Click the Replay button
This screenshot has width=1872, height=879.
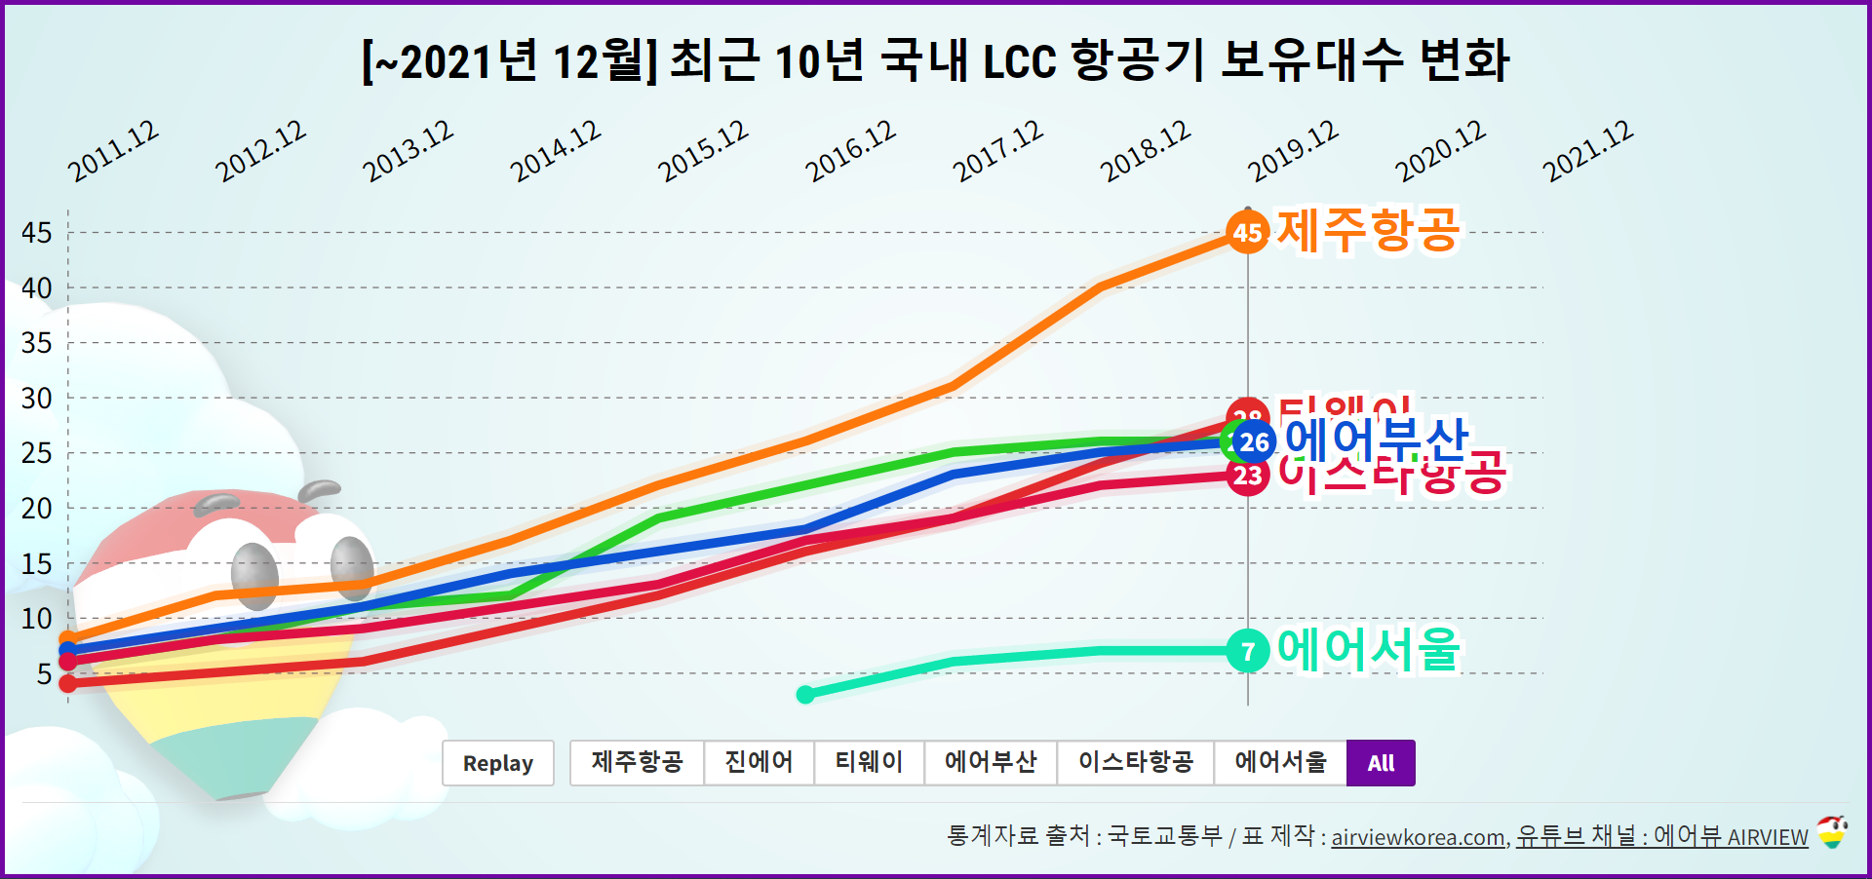(497, 763)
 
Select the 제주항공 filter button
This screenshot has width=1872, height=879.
(637, 763)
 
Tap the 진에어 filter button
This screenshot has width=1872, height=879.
(759, 763)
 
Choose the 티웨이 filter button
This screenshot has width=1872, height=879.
(869, 763)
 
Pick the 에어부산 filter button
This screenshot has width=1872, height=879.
(991, 763)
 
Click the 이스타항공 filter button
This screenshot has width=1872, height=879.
(1136, 763)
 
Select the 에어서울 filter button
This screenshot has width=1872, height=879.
(1280, 763)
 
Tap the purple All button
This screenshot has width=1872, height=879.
(1381, 763)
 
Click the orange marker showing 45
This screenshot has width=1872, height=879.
(1247, 232)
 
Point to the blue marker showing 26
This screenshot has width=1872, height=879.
(1254, 442)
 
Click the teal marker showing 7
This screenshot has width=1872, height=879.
(1248, 651)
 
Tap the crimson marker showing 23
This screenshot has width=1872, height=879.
(1247, 477)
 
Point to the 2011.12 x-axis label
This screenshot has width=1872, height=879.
(113, 151)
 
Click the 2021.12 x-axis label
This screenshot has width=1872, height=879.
(1587, 151)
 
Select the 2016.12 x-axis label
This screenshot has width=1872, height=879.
(850, 151)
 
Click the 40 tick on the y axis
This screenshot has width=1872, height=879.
(37, 288)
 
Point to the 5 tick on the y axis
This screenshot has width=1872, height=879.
(44, 673)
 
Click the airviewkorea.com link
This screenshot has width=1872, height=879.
(1419, 837)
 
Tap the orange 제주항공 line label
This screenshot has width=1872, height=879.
(1368, 231)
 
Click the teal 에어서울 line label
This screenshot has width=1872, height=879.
(1368, 649)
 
